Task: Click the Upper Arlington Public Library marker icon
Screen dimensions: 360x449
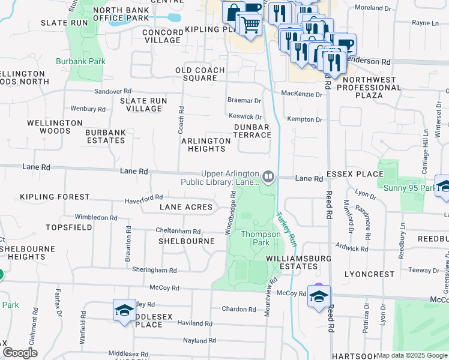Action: pos(269,176)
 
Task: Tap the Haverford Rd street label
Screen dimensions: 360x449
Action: pos(143,197)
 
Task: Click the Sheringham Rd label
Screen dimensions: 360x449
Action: pos(152,270)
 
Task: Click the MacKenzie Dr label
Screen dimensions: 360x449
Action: pos(302,93)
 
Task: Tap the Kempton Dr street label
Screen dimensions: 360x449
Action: pos(305,119)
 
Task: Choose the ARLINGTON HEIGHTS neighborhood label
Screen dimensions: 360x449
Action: pos(206,145)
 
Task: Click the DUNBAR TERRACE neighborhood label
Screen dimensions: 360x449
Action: pos(252,131)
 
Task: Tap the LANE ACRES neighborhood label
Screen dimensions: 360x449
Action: pos(186,207)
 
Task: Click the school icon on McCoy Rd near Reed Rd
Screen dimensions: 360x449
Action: pos(319,296)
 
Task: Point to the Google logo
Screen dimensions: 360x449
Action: pos(20,353)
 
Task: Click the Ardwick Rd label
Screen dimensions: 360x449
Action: pos(352,248)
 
